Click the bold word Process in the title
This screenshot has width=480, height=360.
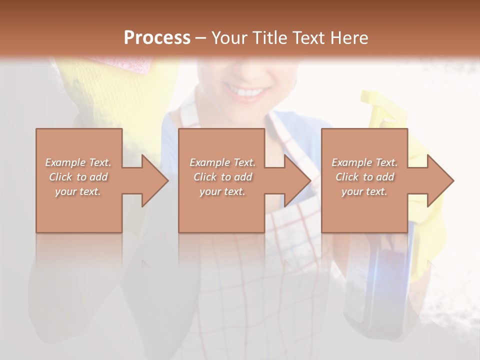tap(157, 38)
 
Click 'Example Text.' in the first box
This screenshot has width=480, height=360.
tap(78, 162)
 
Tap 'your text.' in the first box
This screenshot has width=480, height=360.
tap(78, 191)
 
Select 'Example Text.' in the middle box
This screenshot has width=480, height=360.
tap(222, 162)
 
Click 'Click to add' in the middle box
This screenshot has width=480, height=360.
tap(222, 177)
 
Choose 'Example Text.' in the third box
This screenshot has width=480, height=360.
tap(364, 162)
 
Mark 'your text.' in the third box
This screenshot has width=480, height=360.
tap(364, 191)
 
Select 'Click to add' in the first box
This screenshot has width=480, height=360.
tap(78, 177)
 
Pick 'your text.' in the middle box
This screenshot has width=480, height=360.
tap(222, 191)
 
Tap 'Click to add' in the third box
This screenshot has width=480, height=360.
tap(364, 177)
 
